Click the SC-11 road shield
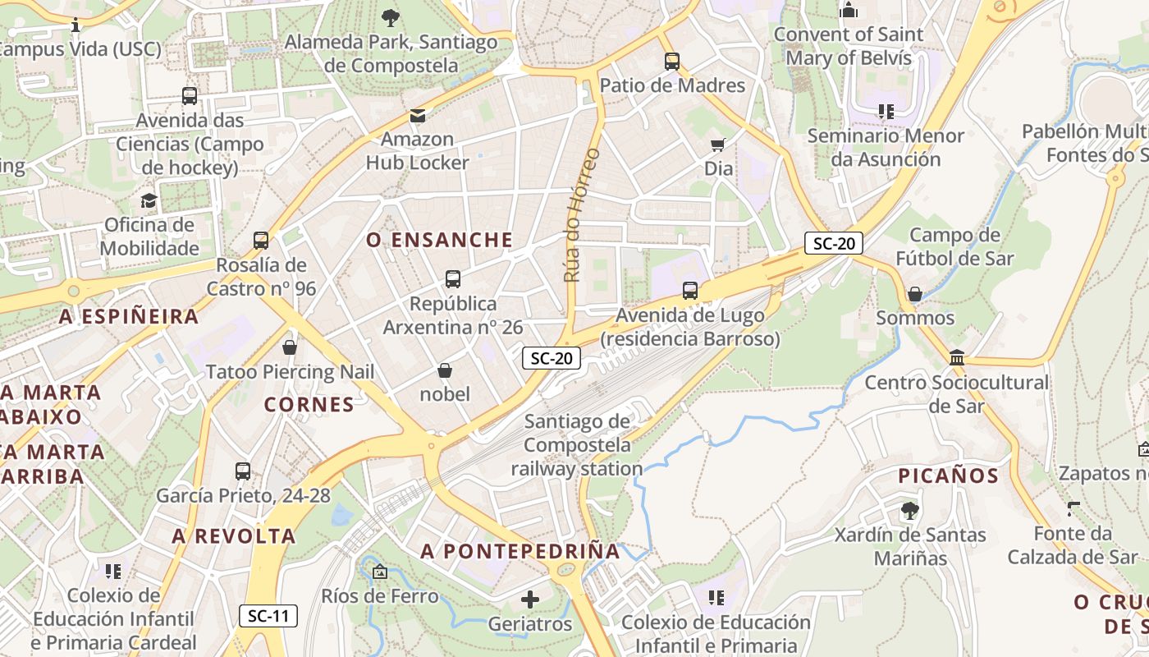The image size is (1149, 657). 268,616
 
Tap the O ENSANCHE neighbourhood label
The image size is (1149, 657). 440,240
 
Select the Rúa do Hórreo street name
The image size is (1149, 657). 582,215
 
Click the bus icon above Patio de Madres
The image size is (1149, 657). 672,62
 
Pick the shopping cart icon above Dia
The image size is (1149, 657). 718,145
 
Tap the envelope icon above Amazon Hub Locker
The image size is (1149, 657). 418,116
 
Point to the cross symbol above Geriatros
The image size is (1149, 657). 530,600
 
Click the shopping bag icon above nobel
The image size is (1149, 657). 445,370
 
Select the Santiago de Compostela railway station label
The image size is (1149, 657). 577,445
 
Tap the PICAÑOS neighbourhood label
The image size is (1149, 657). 948,476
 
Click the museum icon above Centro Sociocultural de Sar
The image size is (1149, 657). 957,357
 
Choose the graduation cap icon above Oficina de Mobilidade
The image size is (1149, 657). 149,200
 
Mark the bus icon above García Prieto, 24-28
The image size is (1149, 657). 243,471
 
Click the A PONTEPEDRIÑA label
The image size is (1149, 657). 520,552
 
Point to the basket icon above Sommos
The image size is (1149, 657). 915,294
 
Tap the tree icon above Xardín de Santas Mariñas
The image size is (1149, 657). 909,511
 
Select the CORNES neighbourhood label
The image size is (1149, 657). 309,404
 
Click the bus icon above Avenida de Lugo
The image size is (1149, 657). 690,291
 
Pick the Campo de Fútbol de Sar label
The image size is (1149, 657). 954,247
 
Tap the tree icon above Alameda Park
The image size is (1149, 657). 391,16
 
